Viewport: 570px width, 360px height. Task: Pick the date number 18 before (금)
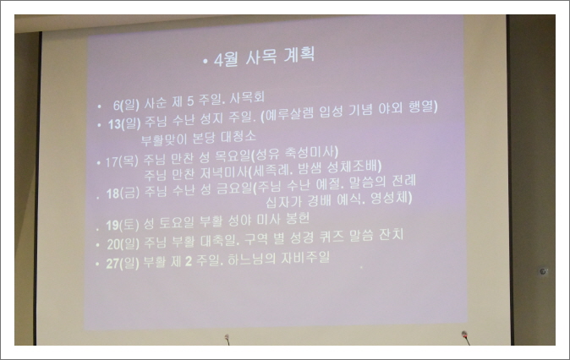[x=112, y=194]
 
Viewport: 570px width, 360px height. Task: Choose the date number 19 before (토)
[x=112, y=226]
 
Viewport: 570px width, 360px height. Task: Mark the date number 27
[x=111, y=261]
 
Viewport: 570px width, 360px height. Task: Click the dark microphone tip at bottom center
[x=227, y=340]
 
